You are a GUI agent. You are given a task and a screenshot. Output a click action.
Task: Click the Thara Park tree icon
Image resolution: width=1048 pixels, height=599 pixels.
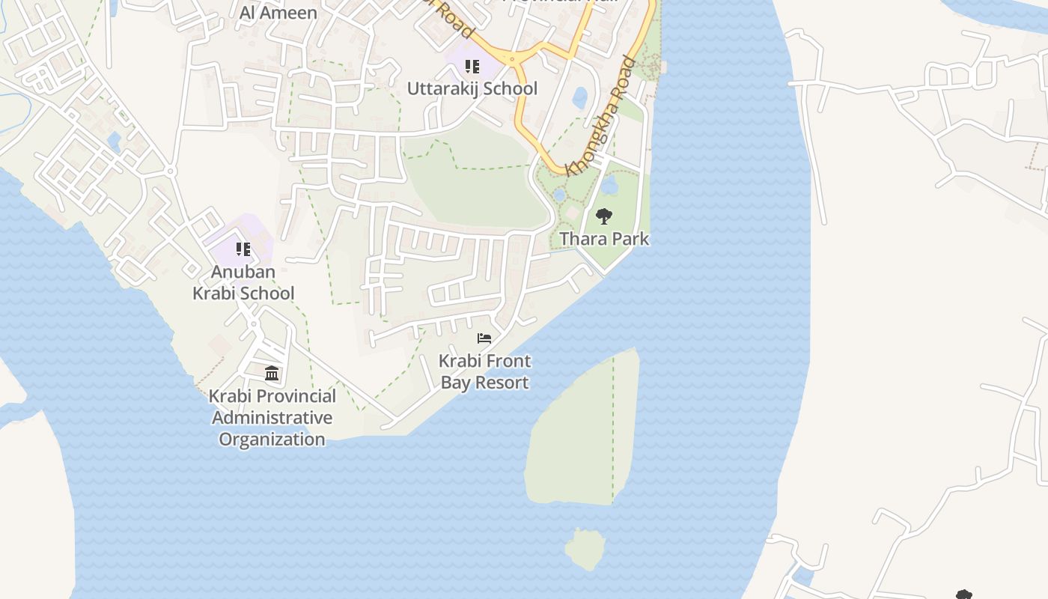pyautogui.click(x=603, y=217)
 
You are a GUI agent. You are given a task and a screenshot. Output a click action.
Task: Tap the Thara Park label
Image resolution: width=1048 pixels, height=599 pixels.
pyautogui.click(x=604, y=239)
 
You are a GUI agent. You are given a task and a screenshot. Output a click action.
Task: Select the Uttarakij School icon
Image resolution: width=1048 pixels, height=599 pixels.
pyautogui.click(x=472, y=67)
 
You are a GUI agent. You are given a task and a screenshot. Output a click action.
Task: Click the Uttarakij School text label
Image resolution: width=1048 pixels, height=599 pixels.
pyautogui.click(x=472, y=88)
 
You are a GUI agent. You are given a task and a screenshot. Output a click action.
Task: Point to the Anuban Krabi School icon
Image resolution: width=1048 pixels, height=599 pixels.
pyautogui.click(x=243, y=249)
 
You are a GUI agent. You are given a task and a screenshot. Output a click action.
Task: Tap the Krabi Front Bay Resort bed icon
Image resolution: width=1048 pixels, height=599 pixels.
pyautogui.click(x=484, y=338)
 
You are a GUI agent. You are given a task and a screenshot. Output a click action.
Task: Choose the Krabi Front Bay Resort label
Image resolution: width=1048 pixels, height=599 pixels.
pyautogui.click(x=484, y=371)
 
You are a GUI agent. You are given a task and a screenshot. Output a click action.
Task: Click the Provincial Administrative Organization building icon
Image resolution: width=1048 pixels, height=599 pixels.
pyautogui.click(x=272, y=373)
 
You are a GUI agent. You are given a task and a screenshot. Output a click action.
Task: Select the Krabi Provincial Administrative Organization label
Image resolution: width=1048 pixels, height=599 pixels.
pyautogui.click(x=272, y=417)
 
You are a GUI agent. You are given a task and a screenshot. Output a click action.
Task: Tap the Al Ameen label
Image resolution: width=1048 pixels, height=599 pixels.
pyautogui.click(x=278, y=13)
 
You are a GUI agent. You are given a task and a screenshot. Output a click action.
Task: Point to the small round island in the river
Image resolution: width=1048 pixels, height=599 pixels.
pyautogui.click(x=585, y=549)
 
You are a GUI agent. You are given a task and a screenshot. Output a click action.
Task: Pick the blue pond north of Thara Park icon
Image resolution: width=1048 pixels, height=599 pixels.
pyautogui.click(x=609, y=184)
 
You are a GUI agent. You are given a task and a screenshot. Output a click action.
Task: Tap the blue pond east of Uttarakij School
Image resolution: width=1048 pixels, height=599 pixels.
pyautogui.click(x=580, y=97)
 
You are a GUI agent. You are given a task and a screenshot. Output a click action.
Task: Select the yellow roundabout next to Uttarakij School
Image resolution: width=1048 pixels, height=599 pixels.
pyautogui.click(x=513, y=58)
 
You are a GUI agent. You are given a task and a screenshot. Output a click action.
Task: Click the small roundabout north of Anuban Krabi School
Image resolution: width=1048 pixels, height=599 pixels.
pyautogui.click(x=171, y=171)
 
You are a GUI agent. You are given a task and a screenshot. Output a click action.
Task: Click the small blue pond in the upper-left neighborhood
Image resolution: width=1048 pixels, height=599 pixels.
pyautogui.click(x=114, y=140)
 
